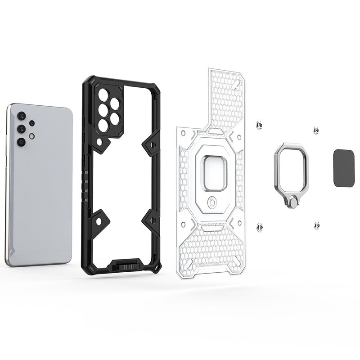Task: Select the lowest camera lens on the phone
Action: [21, 142]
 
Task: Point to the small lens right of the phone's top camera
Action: [31, 123]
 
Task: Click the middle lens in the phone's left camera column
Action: [21, 129]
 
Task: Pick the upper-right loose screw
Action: [316, 130]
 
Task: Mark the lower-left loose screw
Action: [259, 228]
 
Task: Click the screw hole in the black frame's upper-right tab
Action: [153, 145]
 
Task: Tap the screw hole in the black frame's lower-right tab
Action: [153, 220]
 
